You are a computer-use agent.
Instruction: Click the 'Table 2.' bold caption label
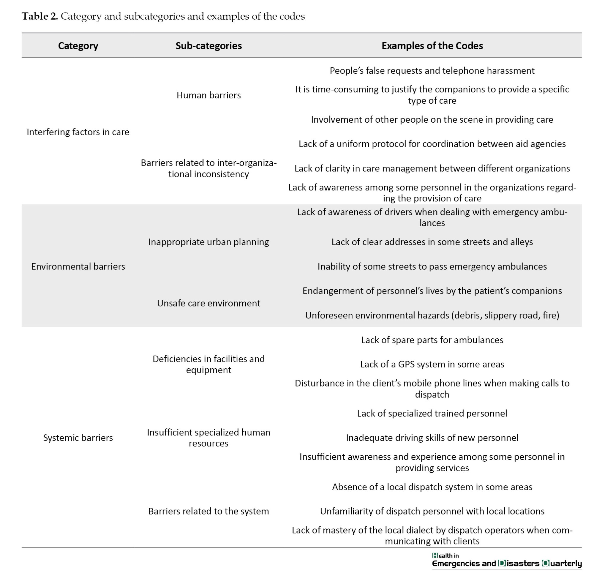click(x=40, y=16)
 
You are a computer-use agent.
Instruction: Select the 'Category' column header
click(x=78, y=46)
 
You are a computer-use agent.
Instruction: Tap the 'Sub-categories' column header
click(x=208, y=46)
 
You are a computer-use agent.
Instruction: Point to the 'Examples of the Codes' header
click(x=432, y=46)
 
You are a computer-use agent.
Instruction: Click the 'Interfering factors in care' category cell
click(x=78, y=132)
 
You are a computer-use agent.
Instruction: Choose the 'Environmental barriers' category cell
click(x=78, y=266)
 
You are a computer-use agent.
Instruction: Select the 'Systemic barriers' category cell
click(x=78, y=438)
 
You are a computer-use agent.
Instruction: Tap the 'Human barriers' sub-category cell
click(x=208, y=95)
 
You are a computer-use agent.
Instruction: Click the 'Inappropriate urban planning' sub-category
click(x=208, y=242)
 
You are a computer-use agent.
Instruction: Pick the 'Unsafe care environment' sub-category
click(x=208, y=303)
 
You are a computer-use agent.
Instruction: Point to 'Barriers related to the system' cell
click(x=208, y=511)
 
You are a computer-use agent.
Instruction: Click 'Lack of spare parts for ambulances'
click(x=432, y=340)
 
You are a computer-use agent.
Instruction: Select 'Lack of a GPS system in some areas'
click(x=432, y=364)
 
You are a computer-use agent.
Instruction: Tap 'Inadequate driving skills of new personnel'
click(x=432, y=438)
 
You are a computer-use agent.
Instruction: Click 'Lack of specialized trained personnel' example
click(x=432, y=414)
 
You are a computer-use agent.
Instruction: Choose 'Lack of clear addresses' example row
click(x=432, y=242)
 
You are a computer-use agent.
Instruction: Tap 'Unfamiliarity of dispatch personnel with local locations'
click(x=432, y=511)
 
